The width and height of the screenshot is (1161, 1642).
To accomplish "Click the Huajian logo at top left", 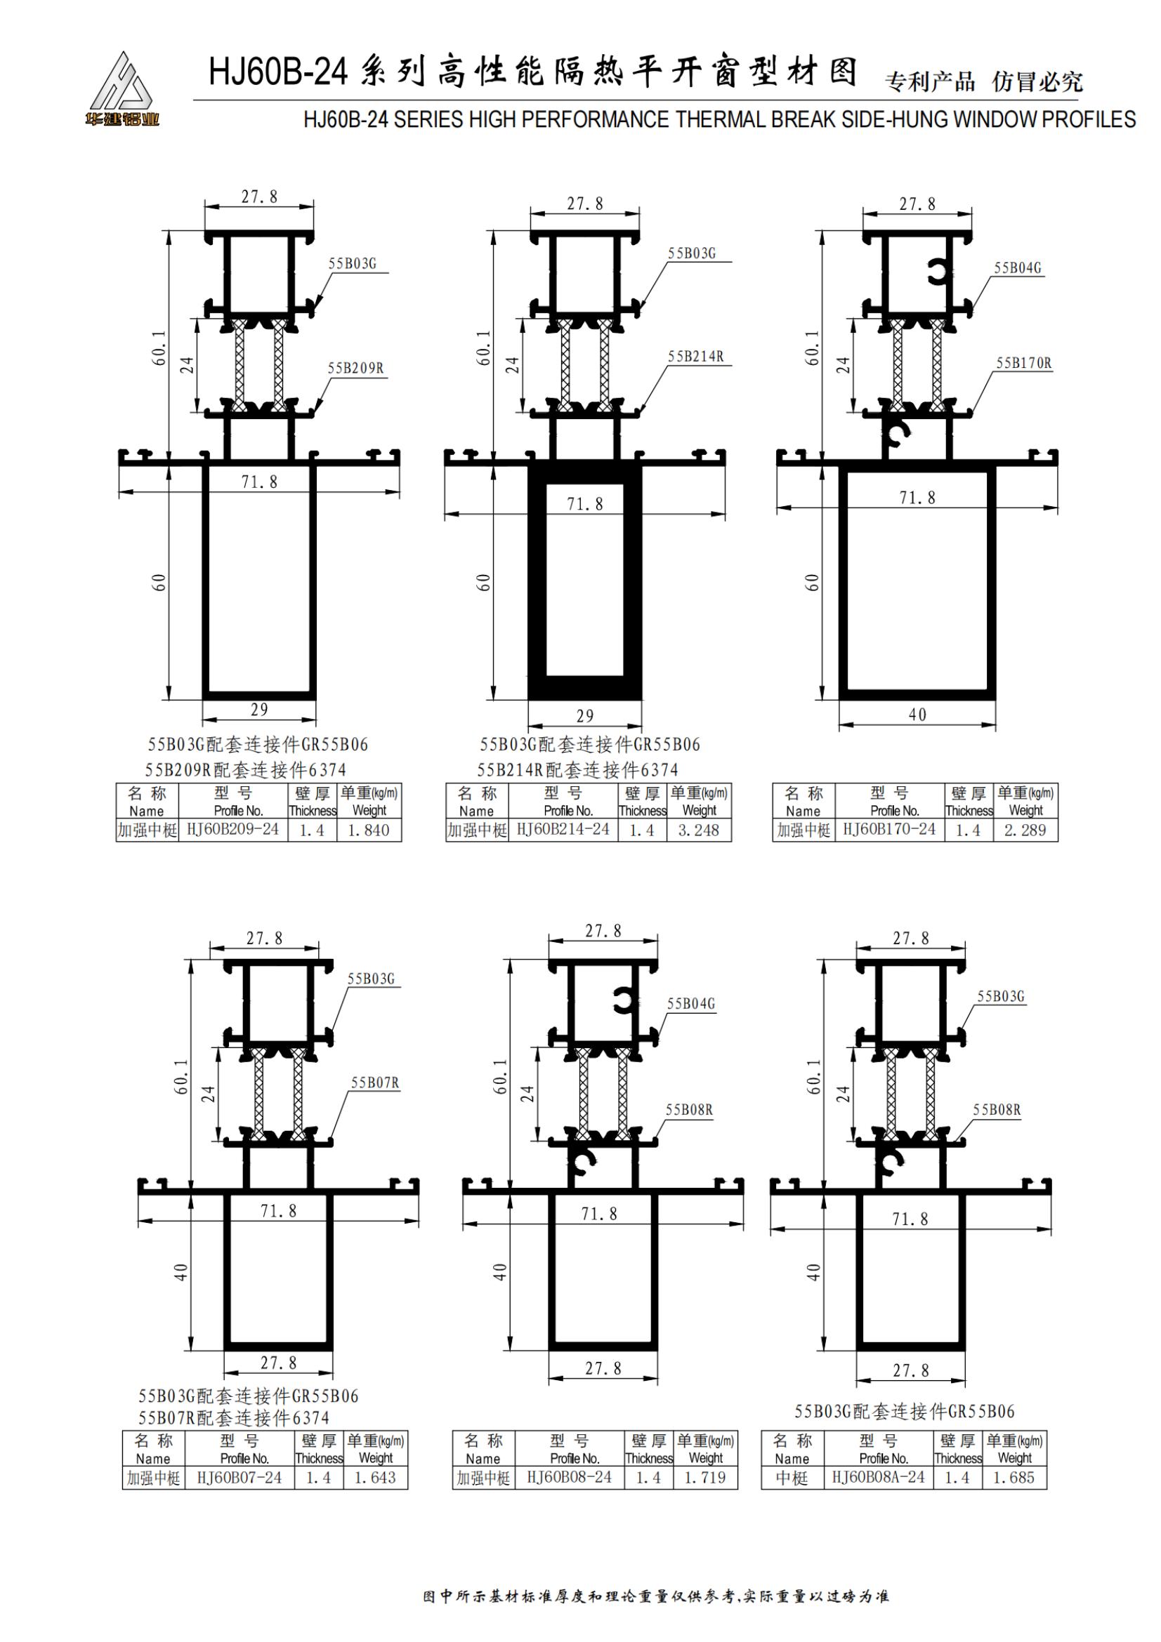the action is tap(122, 88).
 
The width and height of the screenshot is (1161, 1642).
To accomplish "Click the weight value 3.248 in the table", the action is tap(698, 830).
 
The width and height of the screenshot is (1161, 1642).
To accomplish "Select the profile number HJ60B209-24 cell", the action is tap(232, 830).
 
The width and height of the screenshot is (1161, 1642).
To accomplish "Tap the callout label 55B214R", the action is tap(695, 356).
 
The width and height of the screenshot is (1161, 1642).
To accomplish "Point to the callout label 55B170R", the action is tap(1023, 364).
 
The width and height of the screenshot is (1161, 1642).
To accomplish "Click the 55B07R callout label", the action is tap(375, 1082).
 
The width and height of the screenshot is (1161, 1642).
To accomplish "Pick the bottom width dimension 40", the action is tap(917, 715).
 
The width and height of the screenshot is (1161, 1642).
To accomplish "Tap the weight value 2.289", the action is tap(1025, 830).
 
